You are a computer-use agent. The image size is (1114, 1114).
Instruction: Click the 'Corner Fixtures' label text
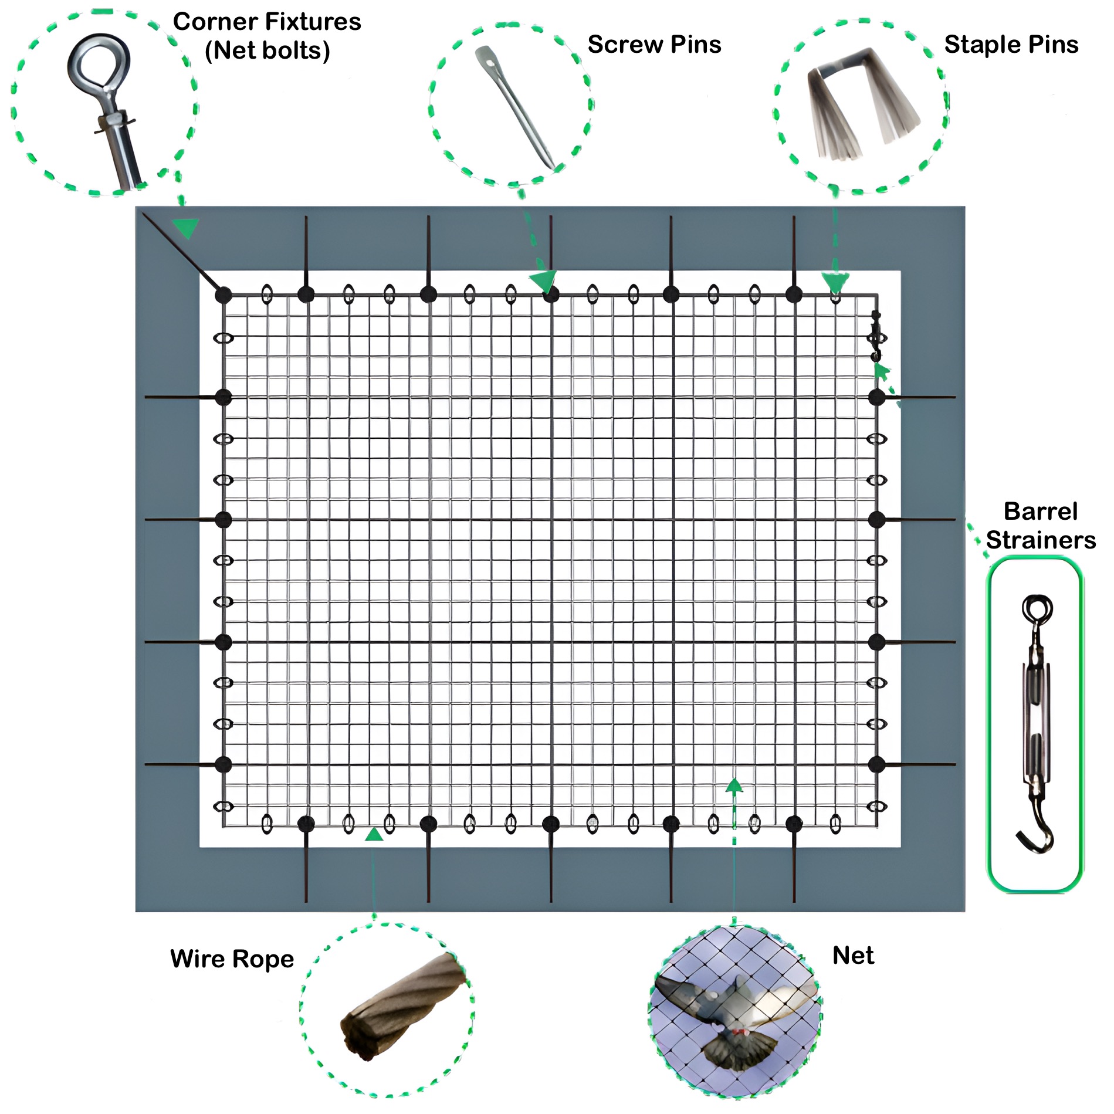click(267, 22)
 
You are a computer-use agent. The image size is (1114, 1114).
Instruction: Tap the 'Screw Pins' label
click(655, 45)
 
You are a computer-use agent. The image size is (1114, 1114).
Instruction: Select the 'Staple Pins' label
click(1011, 45)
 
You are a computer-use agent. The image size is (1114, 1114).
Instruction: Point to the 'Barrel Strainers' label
click(1041, 526)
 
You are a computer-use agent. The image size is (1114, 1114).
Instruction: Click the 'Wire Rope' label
click(232, 959)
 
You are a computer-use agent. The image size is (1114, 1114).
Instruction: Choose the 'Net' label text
click(854, 956)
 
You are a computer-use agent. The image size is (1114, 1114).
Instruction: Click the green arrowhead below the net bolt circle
click(187, 228)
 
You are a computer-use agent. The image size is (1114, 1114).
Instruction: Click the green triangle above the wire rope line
click(374, 834)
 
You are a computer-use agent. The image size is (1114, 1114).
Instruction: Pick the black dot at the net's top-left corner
click(223, 295)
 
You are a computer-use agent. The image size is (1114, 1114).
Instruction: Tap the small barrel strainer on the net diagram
click(876, 336)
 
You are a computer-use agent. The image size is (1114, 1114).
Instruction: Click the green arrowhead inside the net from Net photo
click(734, 786)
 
